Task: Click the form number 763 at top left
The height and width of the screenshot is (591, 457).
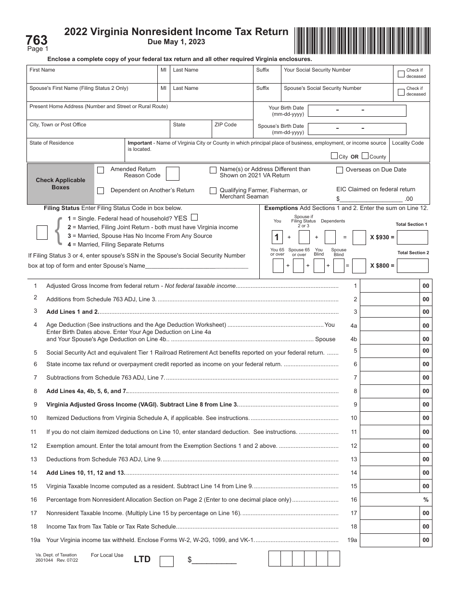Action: tap(37, 40)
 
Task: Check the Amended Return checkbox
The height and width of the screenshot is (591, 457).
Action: tap(101, 170)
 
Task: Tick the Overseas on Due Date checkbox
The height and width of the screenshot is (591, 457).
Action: tap(340, 170)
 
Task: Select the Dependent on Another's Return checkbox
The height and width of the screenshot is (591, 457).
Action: tap(101, 191)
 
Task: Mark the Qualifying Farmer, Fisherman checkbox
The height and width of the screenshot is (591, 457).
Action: tap(213, 191)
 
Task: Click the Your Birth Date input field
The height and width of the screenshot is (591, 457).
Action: tap(356, 111)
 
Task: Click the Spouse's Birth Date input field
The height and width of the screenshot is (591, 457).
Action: tap(356, 129)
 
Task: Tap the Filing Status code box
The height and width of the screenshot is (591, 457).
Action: tap(42, 232)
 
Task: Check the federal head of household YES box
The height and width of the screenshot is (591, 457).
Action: tap(194, 217)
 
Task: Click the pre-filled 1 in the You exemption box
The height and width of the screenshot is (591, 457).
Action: tap(277, 237)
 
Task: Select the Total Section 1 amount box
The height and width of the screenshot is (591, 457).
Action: tap(412, 237)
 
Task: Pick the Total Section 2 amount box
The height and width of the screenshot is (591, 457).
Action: tap(412, 265)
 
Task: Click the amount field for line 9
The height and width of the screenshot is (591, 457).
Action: tap(390, 405)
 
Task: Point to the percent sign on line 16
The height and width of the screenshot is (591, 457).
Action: tap(426, 500)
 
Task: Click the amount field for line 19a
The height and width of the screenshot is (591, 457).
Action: tap(390, 540)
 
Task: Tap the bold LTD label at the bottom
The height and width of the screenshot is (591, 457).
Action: tap(142, 559)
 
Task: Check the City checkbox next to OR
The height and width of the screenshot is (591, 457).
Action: tap(334, 156)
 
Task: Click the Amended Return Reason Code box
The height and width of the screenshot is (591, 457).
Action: tap(172, 174)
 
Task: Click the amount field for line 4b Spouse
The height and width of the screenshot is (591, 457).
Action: tap(390, 339)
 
